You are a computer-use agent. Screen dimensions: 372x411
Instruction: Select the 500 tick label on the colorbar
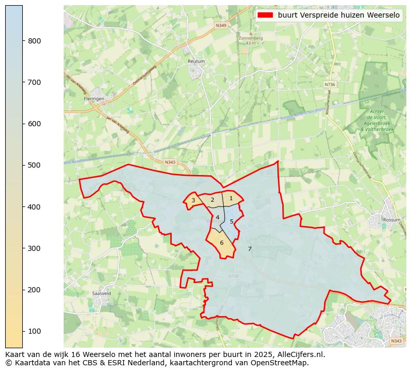pos(34,166)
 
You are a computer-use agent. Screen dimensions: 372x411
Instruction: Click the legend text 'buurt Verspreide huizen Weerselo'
pos(339,16)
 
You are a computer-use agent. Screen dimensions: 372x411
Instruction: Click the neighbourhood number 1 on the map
pos(231,198)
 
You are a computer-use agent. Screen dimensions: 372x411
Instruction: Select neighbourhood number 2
pos(212,200)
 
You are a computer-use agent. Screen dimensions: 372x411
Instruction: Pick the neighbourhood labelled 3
pos(193,201)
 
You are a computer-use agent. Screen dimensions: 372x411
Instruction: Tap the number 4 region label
pos(217,217)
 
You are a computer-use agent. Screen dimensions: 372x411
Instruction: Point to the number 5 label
pos(231,221)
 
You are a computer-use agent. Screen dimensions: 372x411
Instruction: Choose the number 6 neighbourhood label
pos(222,243)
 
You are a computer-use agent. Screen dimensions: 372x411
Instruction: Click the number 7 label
pos(249,249)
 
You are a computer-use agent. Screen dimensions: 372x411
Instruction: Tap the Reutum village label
pos(196,61)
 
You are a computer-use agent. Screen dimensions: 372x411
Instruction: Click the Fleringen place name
pos(94,98)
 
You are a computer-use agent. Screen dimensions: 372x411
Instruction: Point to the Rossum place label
pos(391,219)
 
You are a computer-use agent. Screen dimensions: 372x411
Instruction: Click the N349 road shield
pos(221,25)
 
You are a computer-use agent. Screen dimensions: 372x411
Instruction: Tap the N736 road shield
pos(330,84)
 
